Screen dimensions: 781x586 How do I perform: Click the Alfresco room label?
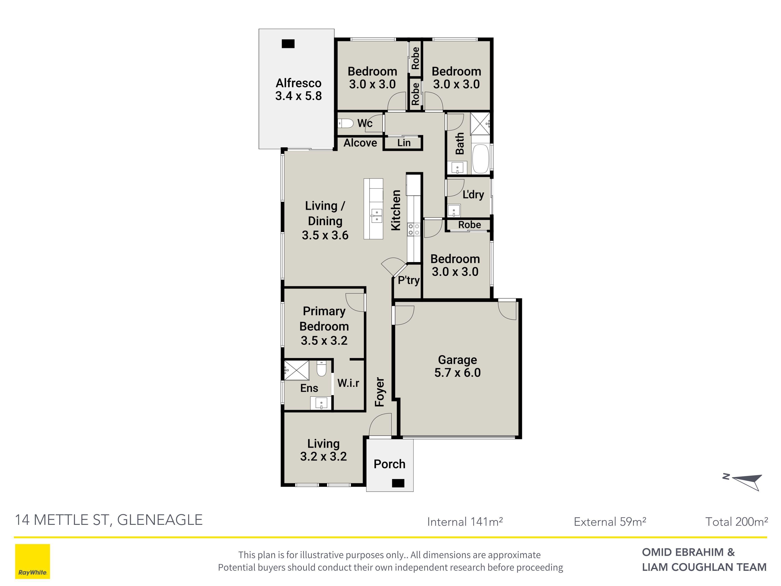pos(298,89)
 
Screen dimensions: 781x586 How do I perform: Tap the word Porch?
pos(389,464)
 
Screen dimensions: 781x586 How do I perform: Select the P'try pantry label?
pos(409,280)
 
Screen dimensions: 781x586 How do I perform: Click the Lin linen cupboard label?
pos(404,143)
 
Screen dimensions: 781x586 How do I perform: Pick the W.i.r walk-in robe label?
pos(348,383)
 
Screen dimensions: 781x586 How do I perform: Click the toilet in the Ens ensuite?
pos(321,368)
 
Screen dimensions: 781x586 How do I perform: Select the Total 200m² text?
pos(737,522)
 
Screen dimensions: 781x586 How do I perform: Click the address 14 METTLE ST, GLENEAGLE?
pos(109,520)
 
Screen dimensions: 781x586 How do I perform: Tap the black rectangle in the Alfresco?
pos(288,44)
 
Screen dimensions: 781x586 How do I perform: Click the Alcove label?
pos(360,143)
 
